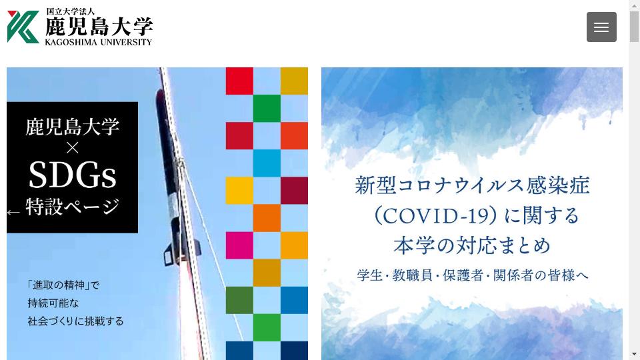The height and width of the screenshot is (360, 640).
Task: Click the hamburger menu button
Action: click(x=601, y=27)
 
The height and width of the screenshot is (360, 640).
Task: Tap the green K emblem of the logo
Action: click(x=23, y=27)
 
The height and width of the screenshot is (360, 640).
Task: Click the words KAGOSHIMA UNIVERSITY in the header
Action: click(x=99, y=42)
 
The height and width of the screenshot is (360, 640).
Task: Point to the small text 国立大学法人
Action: click(x=70, y=11)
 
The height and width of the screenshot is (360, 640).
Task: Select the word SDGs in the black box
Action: click(x=72, y=175)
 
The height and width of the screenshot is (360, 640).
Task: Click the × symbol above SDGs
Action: click(x=72, y=148)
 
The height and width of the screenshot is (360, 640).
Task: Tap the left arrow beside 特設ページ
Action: click(x=13, y=212)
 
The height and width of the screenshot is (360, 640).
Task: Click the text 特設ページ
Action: click(x=73, y=207)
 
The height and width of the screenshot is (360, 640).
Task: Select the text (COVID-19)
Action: click(x=434, y=215)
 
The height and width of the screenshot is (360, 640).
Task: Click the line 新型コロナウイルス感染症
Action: click(x=472, y=185)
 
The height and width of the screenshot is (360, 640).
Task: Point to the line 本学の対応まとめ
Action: click(x=472, y=245)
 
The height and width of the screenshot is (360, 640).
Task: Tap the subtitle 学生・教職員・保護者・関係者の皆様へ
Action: click(x=473, y=275)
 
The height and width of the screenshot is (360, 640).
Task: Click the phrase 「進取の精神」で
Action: click(x=63, y=285)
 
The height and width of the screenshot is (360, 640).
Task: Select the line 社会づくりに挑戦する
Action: click(x=75, y=321)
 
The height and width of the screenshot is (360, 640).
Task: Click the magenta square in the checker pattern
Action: click(x=239, y=245)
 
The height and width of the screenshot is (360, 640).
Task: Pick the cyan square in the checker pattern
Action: click(x=267, y=163)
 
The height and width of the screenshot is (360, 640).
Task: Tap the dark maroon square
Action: click(x=294, y=191)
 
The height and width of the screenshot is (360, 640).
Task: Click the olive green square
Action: click(x=239, y=300)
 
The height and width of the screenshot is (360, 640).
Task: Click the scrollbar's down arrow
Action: click(x=634, y=354)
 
